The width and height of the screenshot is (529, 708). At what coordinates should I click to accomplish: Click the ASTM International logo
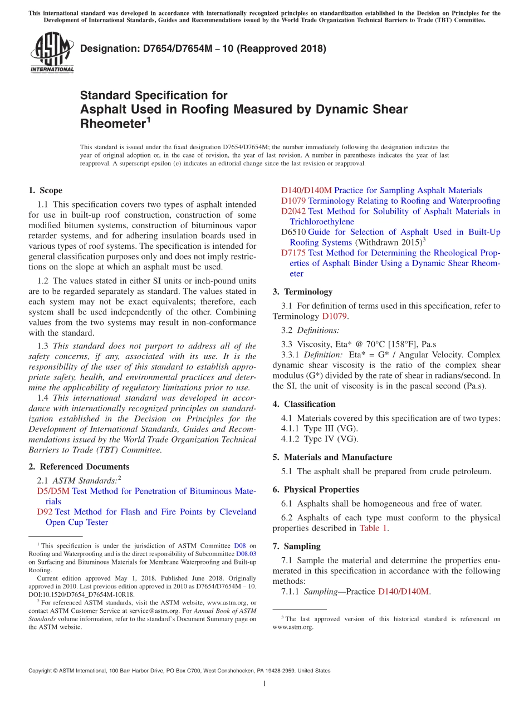[52, 53]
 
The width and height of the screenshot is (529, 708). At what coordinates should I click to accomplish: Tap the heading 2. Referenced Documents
[79, 466]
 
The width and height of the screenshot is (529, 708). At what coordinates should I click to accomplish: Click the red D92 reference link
[45, 512]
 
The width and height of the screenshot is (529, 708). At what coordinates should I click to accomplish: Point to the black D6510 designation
[293, 232]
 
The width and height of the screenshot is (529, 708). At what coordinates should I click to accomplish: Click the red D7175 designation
[293, 253]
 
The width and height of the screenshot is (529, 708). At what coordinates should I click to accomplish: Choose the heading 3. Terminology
[302, 292]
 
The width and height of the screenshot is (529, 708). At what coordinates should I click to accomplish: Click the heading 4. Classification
[304, 404]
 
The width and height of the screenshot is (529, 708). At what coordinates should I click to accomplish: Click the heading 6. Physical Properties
[316, 489]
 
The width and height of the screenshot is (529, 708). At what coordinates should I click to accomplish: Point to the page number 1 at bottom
[264, 684]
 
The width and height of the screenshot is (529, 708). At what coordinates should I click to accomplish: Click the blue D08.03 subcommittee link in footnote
[246, 554]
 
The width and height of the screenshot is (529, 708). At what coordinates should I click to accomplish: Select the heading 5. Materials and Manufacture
[332, 457]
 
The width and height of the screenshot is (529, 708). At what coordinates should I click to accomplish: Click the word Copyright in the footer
[42, 671]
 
